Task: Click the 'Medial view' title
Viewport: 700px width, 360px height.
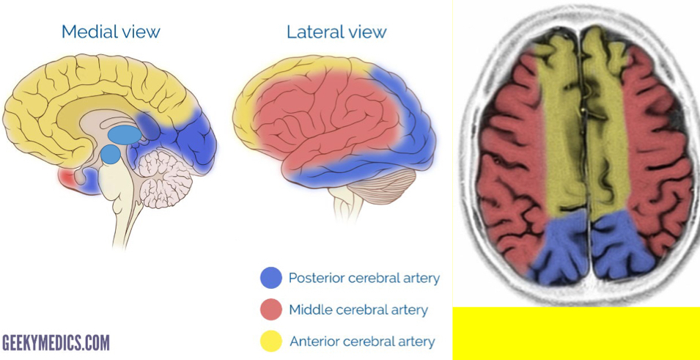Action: [x=111, y=32]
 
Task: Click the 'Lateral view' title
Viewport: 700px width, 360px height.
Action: [x=336, y=32]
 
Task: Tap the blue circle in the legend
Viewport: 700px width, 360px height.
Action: [x=270, y=278]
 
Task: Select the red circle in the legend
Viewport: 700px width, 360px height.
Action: [x=270, y=309]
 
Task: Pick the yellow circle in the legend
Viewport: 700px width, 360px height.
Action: [x=270, y=341]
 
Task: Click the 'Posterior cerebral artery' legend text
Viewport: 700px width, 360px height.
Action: [x=364, y=278]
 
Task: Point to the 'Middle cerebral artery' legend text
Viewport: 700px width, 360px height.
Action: [x=358, y=309]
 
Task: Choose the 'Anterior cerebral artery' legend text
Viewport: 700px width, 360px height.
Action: [x=362, y=341]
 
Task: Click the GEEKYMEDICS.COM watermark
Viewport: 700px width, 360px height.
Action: [x=56, y=342]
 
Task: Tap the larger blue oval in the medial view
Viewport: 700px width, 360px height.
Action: [x=123, y=135]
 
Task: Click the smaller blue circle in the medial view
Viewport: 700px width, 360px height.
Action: [x=110, y=154]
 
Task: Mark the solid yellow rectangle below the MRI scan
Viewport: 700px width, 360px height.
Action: [x=576, y=334]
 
